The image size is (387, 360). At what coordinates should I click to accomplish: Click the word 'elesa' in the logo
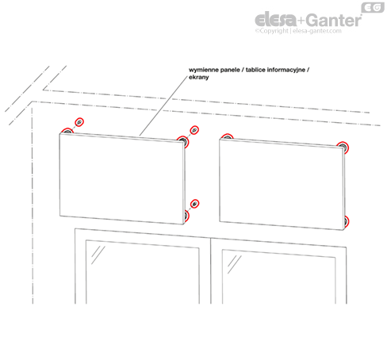pos(275,19)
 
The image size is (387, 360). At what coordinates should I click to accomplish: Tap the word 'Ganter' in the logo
pos(334,21)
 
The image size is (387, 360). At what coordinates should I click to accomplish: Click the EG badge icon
pos(373,7)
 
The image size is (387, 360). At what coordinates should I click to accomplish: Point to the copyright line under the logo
pos(298,31)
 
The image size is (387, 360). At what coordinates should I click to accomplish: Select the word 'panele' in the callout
pos(230,70)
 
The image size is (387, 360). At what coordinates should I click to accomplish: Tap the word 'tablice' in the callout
pos(255,70)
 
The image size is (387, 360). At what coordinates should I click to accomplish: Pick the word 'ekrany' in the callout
pos(199,78)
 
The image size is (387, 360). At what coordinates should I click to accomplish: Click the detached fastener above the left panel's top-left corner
pos(79,122)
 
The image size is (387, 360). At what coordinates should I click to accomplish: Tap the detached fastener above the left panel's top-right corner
pos(194,130)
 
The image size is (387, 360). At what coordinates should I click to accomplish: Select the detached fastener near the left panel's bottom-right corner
pos(194,204)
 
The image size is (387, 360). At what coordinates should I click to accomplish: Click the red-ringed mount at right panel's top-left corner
pos(227,136)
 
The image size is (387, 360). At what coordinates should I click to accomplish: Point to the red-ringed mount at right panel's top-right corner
pos(343,147)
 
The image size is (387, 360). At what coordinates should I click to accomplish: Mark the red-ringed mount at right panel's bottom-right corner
pos(346,221)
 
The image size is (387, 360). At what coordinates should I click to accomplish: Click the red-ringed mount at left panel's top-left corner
pos(67,131)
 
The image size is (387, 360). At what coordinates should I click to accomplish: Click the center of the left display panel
pos(122,178)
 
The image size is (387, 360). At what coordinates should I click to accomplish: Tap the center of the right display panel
pos(282,184)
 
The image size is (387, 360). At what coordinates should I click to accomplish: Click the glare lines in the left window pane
pos(98,255)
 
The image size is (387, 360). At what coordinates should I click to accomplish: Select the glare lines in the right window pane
pos(234,264)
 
